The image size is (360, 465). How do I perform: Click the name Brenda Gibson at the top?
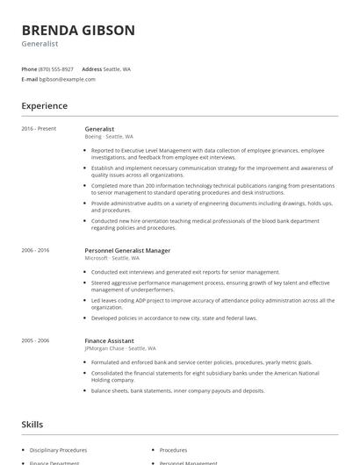point(78,31)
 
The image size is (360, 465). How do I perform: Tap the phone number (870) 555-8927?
point(57,68)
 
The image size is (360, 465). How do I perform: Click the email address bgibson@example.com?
point(68,79)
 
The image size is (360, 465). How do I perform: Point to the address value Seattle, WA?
point(117,68)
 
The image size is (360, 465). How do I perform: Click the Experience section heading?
point(44,106)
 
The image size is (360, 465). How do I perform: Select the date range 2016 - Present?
point(38,129)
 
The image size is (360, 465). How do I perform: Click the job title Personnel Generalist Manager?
point(126,250)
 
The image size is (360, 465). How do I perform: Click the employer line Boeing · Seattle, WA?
point(109,137)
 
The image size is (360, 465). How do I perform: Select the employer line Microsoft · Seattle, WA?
point(112,258)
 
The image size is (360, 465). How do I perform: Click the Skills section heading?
point(32,425)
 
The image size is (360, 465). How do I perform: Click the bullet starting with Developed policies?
point(174,318)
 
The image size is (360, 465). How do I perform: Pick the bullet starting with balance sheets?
point(177,390)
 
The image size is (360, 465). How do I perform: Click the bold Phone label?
point(29,68)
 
